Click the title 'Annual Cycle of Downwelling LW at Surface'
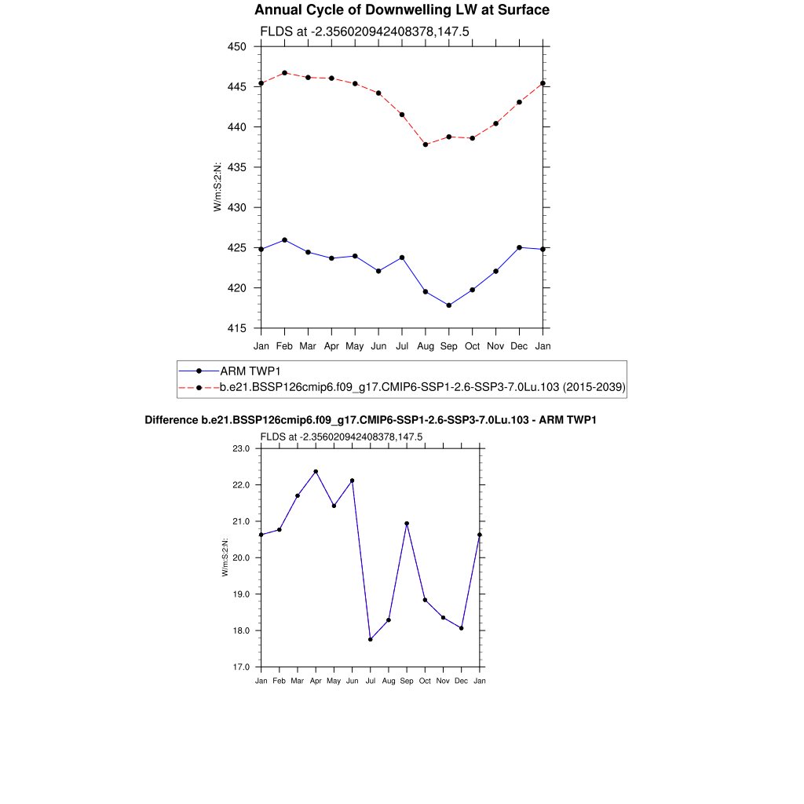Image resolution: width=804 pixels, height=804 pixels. coord(402,10)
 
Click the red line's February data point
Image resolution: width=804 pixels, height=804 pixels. coord(284,73)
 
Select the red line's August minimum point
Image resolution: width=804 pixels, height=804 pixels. coord(426,144)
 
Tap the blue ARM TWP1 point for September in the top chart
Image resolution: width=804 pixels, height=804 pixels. coord(449,305)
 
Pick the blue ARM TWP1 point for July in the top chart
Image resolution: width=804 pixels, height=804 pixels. coord(402,258)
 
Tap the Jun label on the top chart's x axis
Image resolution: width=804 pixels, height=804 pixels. coord(378,345)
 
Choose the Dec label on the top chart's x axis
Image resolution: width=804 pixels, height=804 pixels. coord(519,345)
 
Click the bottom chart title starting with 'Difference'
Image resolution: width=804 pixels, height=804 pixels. coord(371,421)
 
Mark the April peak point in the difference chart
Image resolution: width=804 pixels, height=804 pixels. coord(316,472)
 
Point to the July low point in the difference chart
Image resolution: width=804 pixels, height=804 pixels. coord(371,639)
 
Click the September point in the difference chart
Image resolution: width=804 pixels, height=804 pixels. coord(407,524)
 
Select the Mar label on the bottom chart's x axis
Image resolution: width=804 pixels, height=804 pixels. coord(298,681)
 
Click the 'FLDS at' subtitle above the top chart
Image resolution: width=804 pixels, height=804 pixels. coord(365,31)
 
